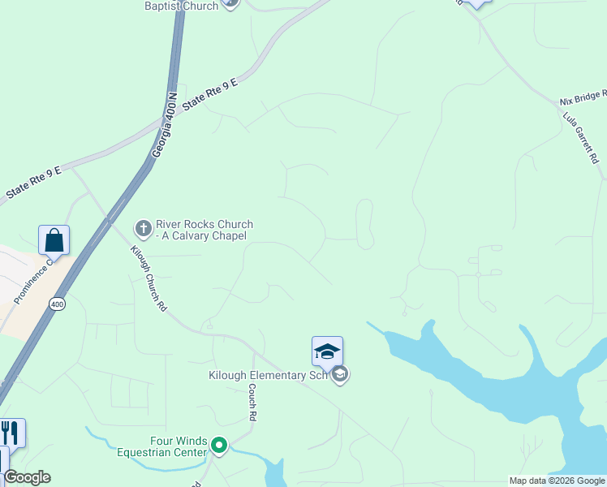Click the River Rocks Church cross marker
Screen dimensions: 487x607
point(143,228)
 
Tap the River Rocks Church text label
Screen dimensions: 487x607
point(204,230)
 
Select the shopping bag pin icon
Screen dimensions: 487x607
point(54,240)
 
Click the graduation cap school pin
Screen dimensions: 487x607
point(327,351)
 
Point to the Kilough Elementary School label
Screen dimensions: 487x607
point(269,375)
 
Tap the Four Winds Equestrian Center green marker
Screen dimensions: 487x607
point(218,445)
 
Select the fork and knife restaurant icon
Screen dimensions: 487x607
point(10,432)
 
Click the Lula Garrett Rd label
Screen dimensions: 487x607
point(581,139)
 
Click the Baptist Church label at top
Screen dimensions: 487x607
point(181,6)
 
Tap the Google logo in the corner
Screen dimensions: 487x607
point(27,477)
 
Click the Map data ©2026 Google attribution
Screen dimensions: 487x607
point(557,481)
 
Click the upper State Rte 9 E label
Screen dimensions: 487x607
point(210,94)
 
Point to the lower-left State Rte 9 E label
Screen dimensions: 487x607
point(33,184)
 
